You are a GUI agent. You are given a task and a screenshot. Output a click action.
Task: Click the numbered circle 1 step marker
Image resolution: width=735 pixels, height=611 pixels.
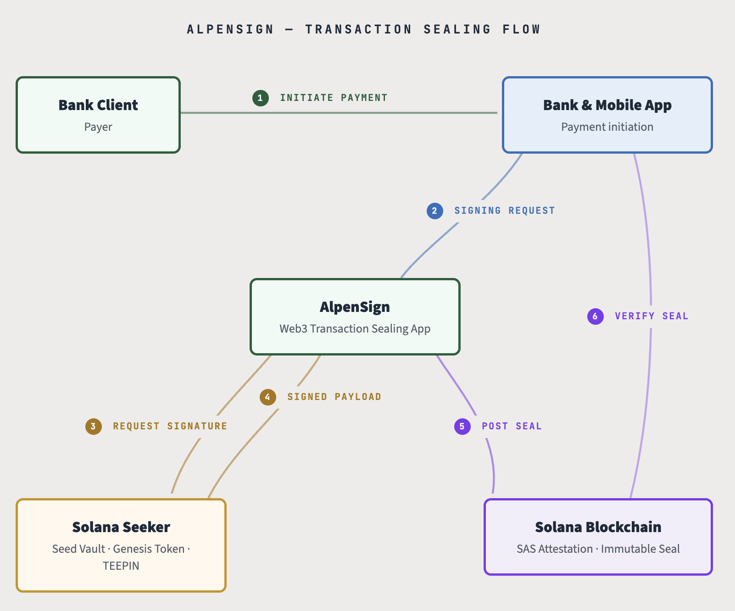[260, 98]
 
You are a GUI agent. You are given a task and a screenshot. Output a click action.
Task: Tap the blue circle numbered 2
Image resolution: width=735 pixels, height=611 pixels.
[434, 211]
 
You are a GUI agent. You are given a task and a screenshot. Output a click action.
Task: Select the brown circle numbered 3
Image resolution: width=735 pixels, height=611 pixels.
[93, 426]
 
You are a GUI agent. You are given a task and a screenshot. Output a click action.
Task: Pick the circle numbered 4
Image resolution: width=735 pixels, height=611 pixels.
[267, 397]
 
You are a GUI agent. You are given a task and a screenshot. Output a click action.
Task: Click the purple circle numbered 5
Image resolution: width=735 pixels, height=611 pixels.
[462, 426]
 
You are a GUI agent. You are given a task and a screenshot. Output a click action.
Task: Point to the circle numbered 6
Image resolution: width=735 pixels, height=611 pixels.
[595, 316]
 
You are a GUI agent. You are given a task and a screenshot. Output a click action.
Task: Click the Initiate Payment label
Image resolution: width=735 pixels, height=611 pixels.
[334, 98]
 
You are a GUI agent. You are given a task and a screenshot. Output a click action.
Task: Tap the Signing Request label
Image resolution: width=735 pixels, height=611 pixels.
[504, 211]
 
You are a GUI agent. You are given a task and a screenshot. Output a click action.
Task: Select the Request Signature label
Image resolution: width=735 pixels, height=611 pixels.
[170, 426]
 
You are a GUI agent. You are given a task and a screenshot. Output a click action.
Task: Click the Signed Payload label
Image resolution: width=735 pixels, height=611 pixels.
[334, 397]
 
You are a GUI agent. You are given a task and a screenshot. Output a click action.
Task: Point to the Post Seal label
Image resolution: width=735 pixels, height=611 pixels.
[512, 426]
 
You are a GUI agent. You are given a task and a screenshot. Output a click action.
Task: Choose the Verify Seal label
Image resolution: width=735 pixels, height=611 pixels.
[651, 316]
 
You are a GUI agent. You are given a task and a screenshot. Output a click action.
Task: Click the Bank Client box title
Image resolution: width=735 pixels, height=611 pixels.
[98, 105]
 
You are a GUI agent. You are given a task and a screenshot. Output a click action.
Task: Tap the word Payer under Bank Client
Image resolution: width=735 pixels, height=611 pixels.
[98, 127]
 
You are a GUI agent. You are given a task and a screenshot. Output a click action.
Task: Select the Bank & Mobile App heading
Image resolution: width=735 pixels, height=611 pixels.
[607, 105]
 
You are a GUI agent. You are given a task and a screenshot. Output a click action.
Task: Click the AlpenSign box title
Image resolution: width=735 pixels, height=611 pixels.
[355, 307]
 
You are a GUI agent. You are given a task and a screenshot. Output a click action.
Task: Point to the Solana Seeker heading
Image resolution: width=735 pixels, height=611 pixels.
[121, 527]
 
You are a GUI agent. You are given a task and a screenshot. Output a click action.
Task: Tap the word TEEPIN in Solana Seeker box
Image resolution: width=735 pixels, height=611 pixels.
[121, 566]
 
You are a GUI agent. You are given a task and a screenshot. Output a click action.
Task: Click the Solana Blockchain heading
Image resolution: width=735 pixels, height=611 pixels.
[598, 527]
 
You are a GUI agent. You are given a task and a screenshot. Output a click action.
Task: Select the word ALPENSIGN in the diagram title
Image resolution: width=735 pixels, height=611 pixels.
[230, 29]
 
